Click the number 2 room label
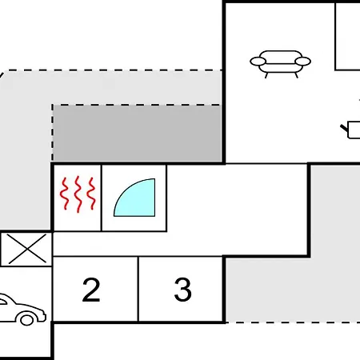coord(91,290)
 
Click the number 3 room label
coord(183,290)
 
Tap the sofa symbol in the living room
coord(280,64)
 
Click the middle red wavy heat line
coord(78,194)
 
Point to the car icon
coord(22,310)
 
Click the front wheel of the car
coord(27,319)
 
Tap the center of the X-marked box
coord(26,249)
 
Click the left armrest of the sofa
coord(258,62)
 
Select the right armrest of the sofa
coord(303,62)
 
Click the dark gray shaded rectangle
coord(137,133)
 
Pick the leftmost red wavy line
coord(64,194)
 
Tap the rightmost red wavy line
coord(92,194)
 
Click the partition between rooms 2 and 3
coord(138,289)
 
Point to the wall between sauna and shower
coord(102,198)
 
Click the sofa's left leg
coord(266,75)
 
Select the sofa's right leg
coord(296,75)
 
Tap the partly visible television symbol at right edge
coord(351,130)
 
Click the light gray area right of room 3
coord(293,290)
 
